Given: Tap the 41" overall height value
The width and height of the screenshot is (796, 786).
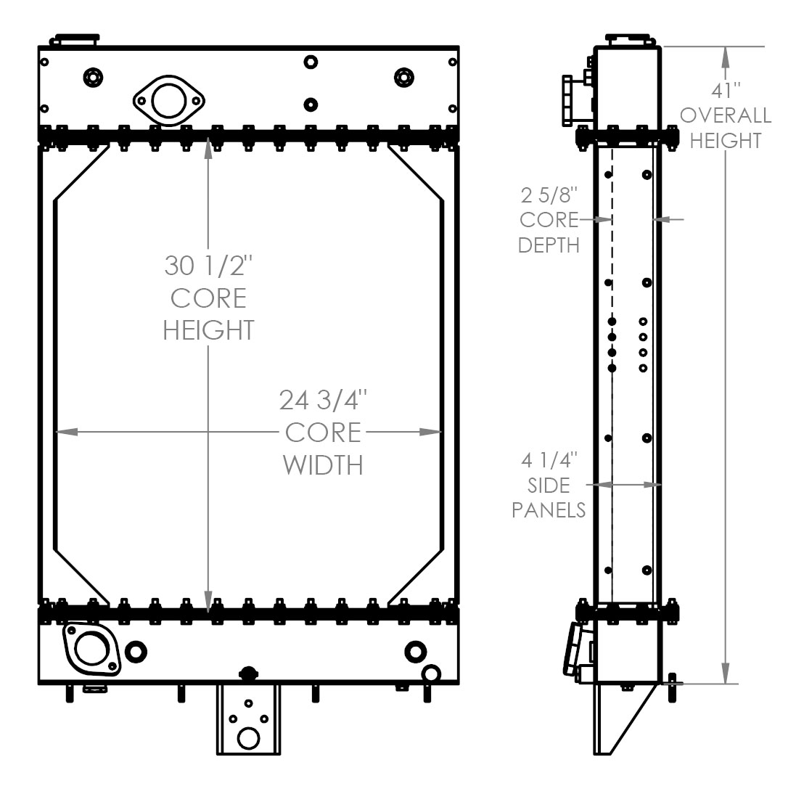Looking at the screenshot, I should pyautogui.click(x=725, y=90).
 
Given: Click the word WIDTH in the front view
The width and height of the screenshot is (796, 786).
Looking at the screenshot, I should pyautogui.click(x=322, y=464).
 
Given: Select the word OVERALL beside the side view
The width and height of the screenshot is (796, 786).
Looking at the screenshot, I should pyautogui.click(x=725, y=115).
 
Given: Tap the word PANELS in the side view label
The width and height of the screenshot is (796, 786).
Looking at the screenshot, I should pyautogui.click(x=549, y=509).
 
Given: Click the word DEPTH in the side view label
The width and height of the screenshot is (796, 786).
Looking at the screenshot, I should pyautogui.click(x=549, y=245).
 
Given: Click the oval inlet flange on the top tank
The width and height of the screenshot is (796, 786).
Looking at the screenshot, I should pyautogui.click(x=168, y=102).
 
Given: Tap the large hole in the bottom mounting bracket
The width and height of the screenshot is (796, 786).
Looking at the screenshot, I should pyautogui.click(x=247, y=738).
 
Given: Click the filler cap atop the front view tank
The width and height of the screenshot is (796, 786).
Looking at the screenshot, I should pyautogui.click(x=75, y=38).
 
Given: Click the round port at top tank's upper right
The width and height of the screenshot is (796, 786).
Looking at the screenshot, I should pyautogui.click(x=403, y=77).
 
